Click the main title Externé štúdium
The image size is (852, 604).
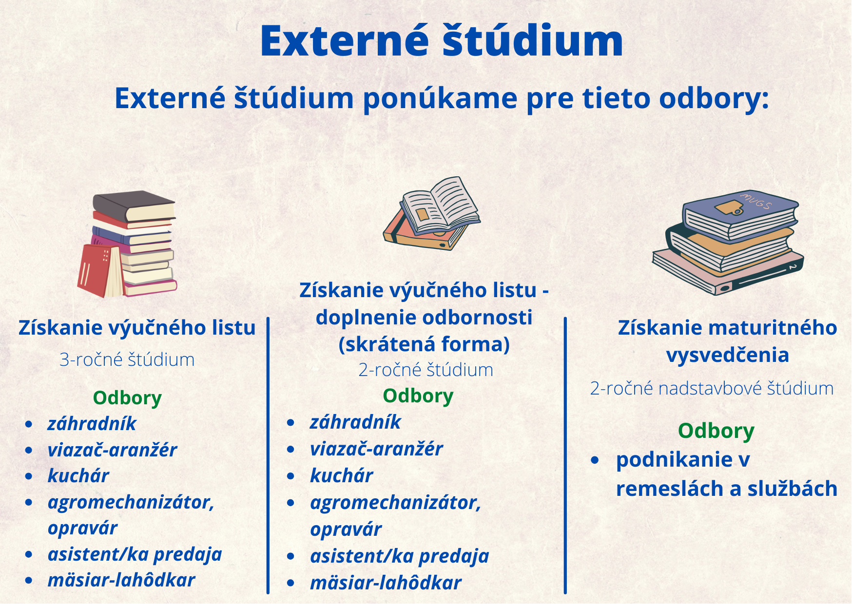(x=442, y=41)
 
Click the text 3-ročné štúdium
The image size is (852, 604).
(x=127, y=360)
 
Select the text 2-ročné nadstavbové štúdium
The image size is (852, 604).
(x=712, y=389)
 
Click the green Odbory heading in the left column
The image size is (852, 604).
(x=127, y=398)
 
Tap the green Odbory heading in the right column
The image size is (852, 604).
(x=716, y=431)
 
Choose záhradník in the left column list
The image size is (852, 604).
(x=92, y=424)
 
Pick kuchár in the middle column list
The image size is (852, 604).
(x=342, y=476)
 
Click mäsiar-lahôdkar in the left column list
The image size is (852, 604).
(x=121, y=580)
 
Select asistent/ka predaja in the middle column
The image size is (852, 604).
(x=400, y=556)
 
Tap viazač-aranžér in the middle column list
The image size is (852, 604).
(x=376, y=449)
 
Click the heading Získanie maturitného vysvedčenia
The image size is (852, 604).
(x=727, y=341)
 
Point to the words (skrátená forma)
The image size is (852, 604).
(x=424, y=344)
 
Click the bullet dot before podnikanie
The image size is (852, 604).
(x=595, y=460)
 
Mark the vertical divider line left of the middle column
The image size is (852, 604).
(x=268, y=455)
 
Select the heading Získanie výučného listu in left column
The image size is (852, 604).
(x=137, y=328)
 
